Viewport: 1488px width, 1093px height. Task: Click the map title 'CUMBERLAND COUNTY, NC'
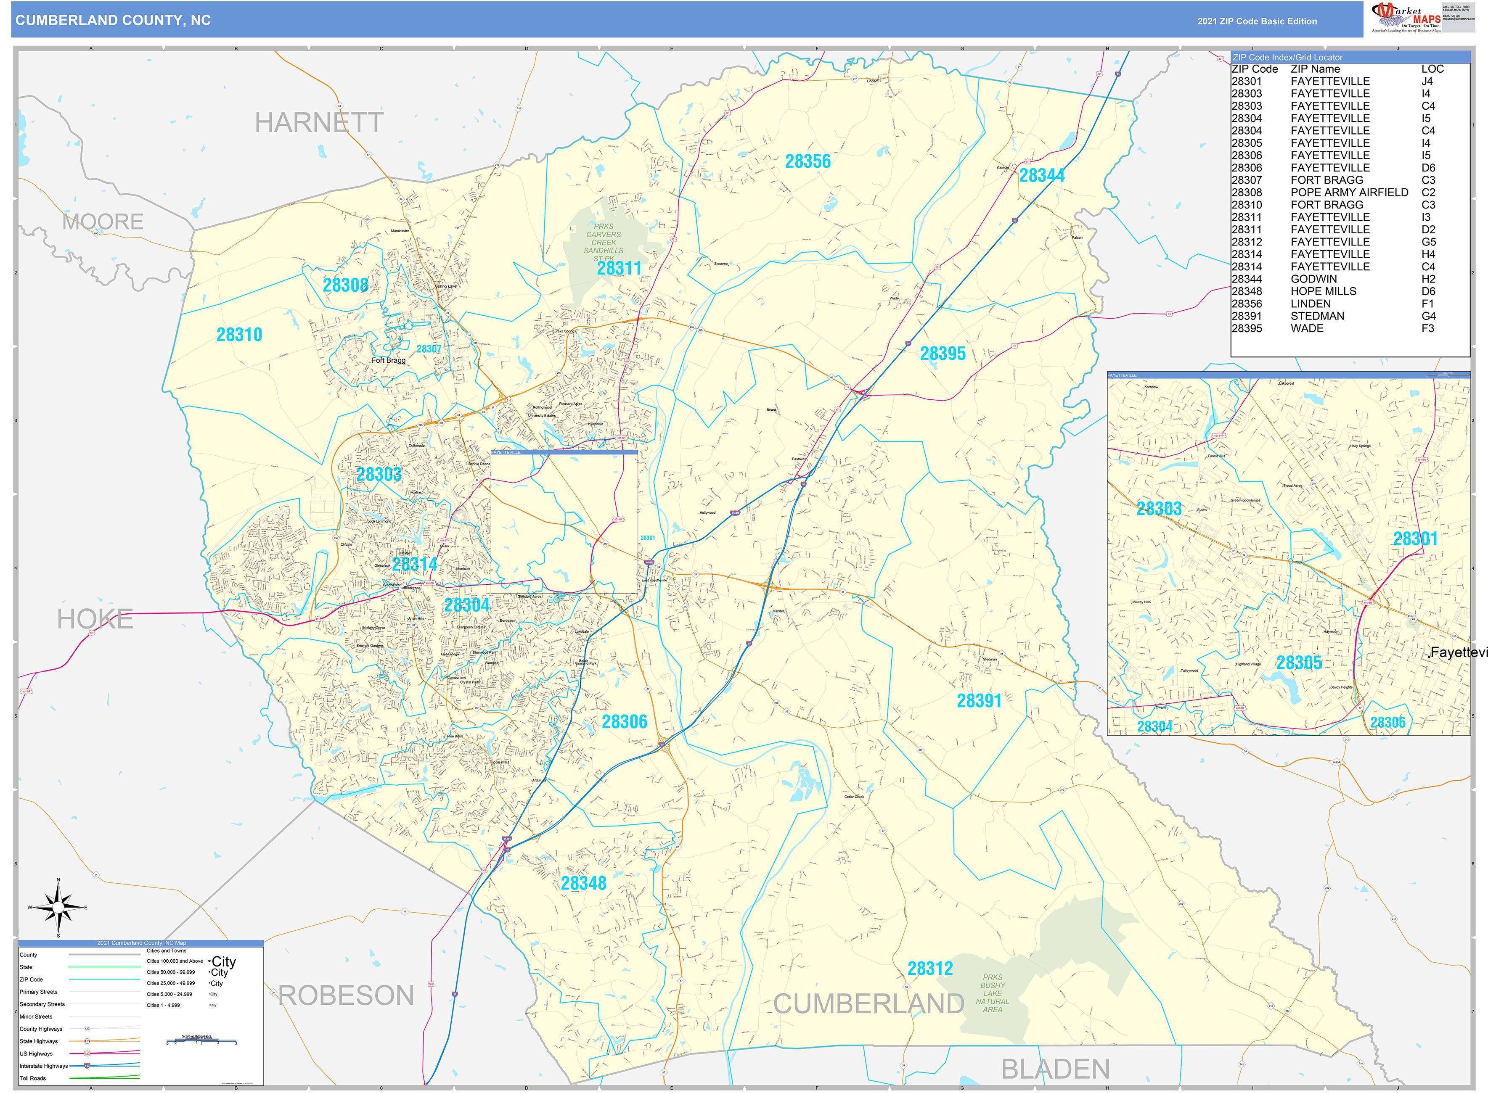click(113, 21)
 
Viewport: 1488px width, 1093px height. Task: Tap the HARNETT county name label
click(319, 123)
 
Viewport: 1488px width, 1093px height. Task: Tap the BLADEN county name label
click(1055, 1069)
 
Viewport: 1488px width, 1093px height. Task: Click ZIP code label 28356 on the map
click(808, 161)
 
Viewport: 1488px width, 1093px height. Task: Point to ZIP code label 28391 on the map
click(979, 701)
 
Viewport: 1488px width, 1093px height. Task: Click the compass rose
click(58, 908)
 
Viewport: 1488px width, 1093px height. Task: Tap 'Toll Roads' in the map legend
click(33, 1078)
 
